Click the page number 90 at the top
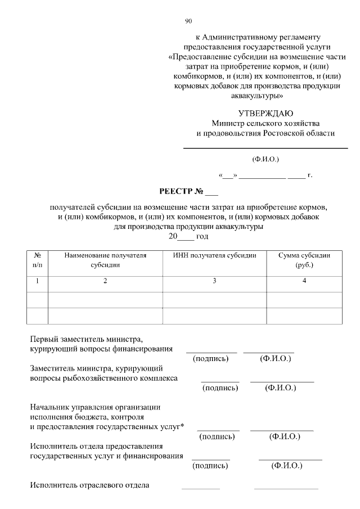[x=188, y=21]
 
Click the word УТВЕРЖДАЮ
[x=265, y=113]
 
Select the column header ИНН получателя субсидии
[x=214, y=255]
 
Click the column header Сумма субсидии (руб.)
[x=304, y=260]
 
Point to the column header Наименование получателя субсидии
[x=105, y=260]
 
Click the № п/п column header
[x=38, y=260]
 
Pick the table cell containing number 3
[x=214, y=281]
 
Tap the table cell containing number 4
[x=304, y=281]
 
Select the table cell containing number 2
[x=105, y=281]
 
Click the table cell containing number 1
[x=38, y=281]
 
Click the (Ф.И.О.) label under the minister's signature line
[x=265, y=159]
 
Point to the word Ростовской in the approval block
[x=286, y=133]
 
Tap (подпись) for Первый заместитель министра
[x=210, y=358]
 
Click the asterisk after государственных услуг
[x=182, y=427]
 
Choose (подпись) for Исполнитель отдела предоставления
[x=210, y=466]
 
